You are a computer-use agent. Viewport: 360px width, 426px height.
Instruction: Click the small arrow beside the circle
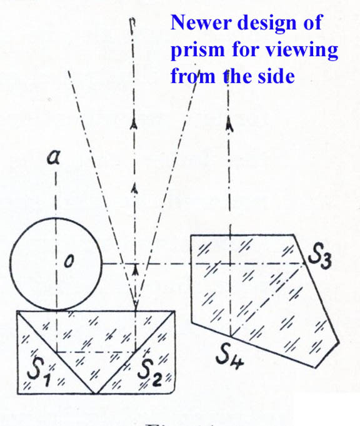(134, 268)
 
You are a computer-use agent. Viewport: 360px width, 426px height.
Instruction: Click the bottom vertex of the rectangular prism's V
(95, 393)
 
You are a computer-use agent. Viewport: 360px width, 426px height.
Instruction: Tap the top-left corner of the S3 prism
(191, 236)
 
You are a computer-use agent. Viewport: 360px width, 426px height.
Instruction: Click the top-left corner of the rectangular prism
(17, 312)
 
